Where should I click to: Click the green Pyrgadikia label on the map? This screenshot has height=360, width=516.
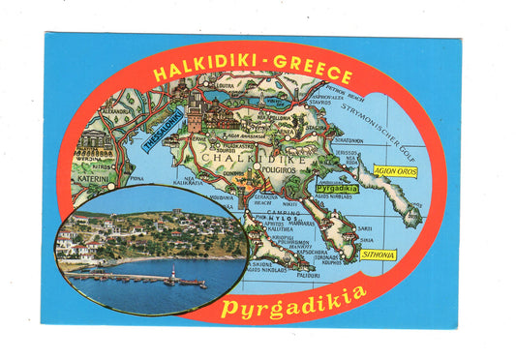coord(337,188)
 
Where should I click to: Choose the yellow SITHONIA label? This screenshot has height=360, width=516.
coord(377,255)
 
